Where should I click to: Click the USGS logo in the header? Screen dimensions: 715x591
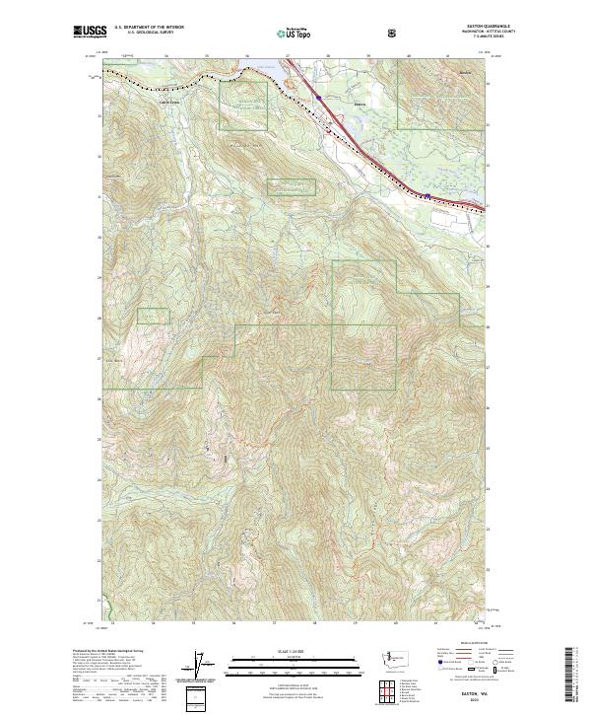pos(90,33)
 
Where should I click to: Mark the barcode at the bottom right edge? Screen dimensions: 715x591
pos(578,680)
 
